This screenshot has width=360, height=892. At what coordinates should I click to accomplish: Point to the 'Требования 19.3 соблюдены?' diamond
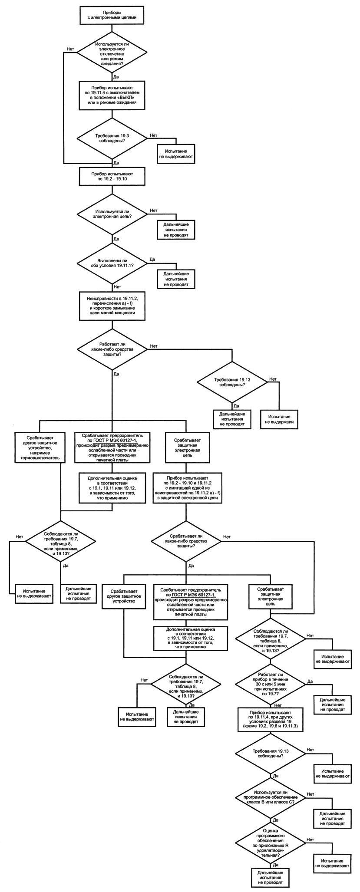pyautogui.click(x=112, y=138)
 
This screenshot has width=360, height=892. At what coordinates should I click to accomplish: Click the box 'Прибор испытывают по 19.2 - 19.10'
pyautogui.click(x=112, y=176)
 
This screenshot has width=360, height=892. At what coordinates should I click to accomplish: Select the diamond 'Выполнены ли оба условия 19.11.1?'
pyautogui.click(x=112, y=263)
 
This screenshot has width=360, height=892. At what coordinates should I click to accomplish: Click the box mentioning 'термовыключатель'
pyautogui.click(x=40, y=447)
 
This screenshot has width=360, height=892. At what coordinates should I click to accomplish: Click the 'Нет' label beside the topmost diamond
pyautogui.click(x=69, y=49)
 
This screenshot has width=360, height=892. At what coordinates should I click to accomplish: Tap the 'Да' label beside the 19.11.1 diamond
pyautogui.click(x=152, y=260)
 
